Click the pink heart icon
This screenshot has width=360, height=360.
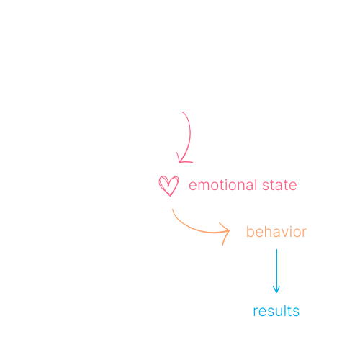coord(168,186)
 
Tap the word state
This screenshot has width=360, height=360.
coord(279,185)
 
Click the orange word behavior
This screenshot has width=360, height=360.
coord(276,232)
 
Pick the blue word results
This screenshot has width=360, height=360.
coord(276,311)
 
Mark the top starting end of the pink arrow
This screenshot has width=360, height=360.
coord(182,112)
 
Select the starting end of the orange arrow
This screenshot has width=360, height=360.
coord(173,210)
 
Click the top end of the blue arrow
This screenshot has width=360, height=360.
coord(276,249)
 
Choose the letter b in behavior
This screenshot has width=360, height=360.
coord(251,232)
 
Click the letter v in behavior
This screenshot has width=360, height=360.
coord(285,233)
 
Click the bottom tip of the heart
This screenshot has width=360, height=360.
coord(170,196)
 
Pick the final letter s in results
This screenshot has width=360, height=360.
coord(296,312)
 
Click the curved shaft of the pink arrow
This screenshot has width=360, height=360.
coord(190,137)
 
